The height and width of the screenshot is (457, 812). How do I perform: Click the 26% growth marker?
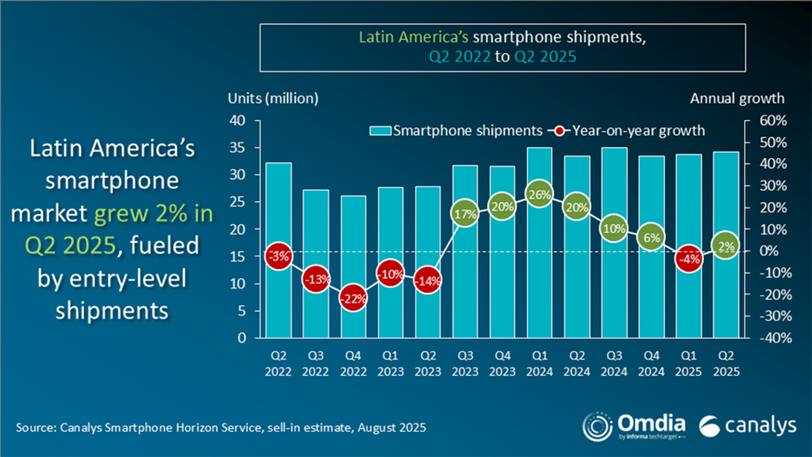(539, 194)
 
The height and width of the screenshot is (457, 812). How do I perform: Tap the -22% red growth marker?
(353, 299)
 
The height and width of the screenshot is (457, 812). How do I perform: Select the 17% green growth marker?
(465, 214)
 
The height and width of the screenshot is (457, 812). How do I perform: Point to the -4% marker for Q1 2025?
(689, 259)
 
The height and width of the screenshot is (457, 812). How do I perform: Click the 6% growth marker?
(652, 238)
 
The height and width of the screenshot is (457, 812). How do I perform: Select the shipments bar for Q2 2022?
(279, 305)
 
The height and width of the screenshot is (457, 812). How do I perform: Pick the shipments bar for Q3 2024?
(614, 295)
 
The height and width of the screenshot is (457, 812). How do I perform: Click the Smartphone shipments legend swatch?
(380, 131)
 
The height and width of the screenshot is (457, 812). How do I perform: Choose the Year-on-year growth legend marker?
(559, 131)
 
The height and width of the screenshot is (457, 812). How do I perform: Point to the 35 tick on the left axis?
(238, 148)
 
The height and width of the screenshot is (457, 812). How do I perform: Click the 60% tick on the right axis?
(773, 121)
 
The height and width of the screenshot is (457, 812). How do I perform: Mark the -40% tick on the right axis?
(775, 338)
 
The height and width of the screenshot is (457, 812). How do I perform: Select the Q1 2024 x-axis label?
(539, 364)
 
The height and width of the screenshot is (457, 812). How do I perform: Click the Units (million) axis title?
(273, 99)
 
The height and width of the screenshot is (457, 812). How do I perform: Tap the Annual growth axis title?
(737, 99)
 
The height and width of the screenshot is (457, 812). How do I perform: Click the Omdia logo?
(634, 426)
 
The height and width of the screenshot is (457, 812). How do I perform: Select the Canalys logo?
(748, 426)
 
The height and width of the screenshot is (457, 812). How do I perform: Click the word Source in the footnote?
(36, 428)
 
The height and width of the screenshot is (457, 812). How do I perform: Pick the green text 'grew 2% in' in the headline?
(154, 214)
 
